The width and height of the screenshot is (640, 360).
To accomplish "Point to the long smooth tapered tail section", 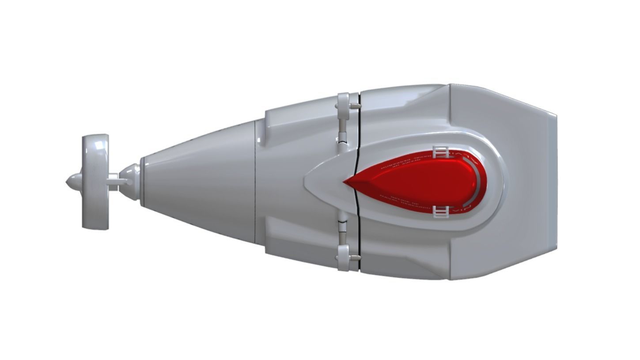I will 199,182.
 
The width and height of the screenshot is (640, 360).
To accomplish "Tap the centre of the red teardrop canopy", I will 420,182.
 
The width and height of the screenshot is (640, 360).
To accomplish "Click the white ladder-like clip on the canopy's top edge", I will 440,152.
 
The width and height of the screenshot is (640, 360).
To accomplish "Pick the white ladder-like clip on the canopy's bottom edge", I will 440,212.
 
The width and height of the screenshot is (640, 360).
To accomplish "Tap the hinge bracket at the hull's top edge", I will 343,106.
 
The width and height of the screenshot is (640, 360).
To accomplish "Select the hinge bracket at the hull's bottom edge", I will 343,257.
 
